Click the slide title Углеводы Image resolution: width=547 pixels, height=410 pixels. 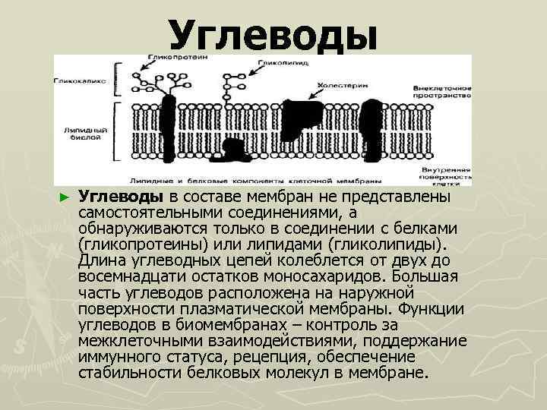[x=273, y=35]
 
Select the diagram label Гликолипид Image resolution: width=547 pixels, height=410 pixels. [x=283, y=65]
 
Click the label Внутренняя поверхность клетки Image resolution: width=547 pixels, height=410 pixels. [x=444, y=175]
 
